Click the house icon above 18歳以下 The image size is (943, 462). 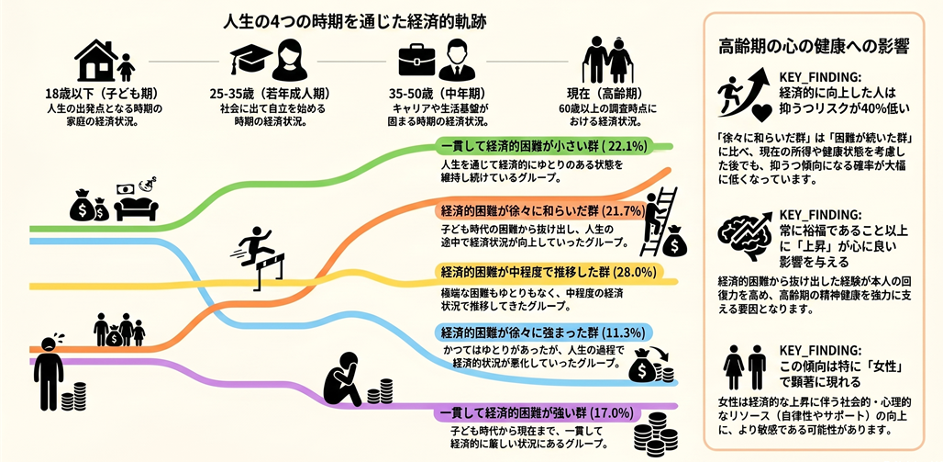pos(95,61)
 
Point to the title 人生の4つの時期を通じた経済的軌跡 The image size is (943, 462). pos(354,23)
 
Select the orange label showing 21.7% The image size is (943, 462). pos(540,211)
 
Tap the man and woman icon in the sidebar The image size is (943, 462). pos(745,367)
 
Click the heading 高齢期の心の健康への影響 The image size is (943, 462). pos(814,47)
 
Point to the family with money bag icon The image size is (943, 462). pos(119,330)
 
